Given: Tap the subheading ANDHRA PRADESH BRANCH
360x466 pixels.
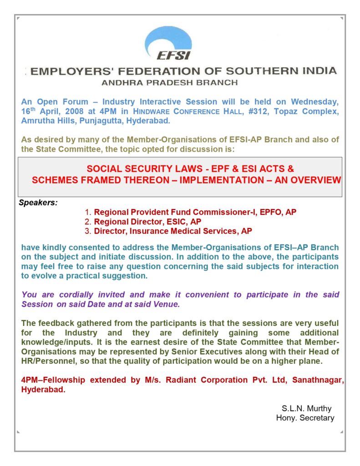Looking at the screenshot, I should [x=170, y=83].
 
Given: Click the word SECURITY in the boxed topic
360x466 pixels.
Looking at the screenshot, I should [x=138, y=169].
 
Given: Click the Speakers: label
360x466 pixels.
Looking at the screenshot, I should [x=38, y=203].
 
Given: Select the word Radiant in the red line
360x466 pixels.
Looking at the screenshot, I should [x=187, y=380].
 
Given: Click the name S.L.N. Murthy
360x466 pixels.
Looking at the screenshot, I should [x=307, y=408].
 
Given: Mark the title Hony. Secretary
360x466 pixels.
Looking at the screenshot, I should [x=305, y=418].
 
